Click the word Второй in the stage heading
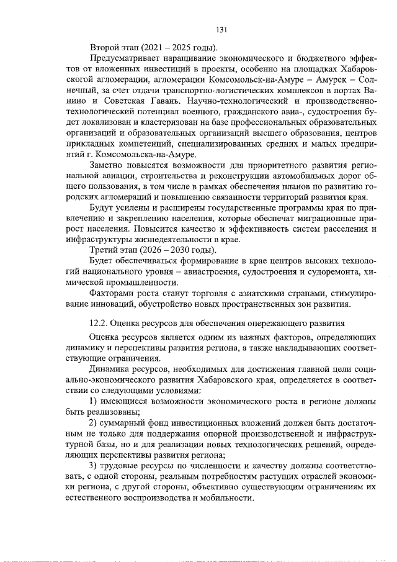pyautogui.click(x=104, y=48)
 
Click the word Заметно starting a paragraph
pyautogui.click(x=108, y=166)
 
